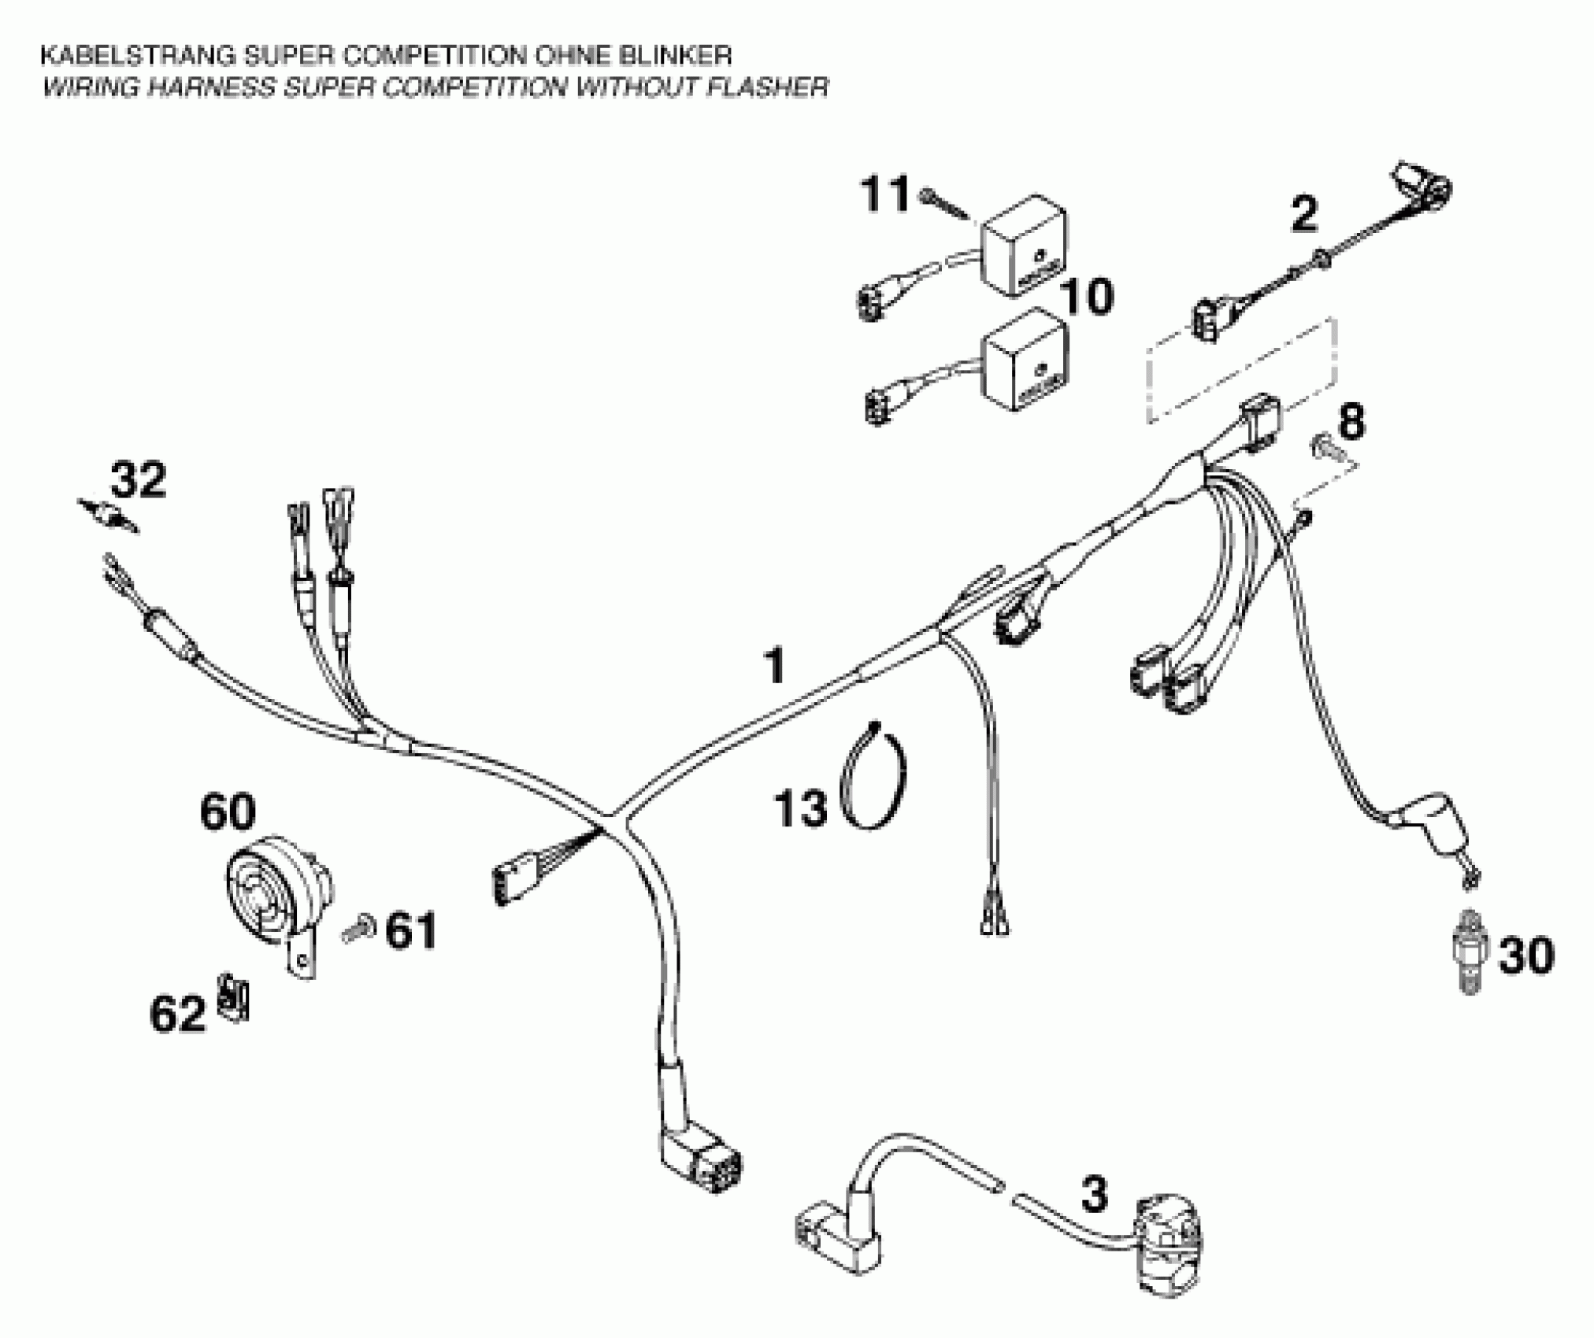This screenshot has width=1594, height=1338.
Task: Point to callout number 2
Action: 1303,214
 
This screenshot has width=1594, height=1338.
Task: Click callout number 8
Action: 1351,422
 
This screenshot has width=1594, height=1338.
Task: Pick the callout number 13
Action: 801,808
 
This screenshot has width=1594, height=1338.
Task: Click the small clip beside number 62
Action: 232,998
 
